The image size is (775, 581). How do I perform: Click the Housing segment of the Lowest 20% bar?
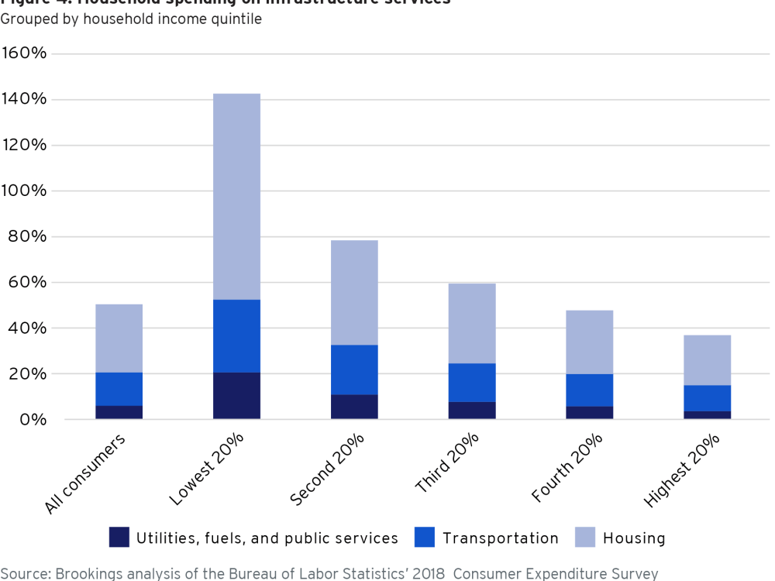[236, 197]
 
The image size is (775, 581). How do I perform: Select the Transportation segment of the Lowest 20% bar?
[236, 336]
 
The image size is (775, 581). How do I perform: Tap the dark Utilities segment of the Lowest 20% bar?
[236, 396]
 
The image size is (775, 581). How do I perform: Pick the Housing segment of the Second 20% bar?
[354, 293]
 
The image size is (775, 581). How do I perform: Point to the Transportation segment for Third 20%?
[472, 383]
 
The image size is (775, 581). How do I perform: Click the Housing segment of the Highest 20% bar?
[707, 360]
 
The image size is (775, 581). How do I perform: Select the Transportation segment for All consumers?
[119, 389]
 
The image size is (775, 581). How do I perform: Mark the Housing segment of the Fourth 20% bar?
[589, 342]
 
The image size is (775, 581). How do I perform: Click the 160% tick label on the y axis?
[26, 53]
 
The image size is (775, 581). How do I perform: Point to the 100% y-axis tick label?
[26, 191]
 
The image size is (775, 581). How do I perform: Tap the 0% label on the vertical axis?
[34, 419]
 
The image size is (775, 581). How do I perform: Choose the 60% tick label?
[29, 282]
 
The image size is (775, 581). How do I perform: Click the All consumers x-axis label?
[86, 475]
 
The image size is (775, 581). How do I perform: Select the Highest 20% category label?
[683, 472]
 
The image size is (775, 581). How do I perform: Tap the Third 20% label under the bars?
[447, 464]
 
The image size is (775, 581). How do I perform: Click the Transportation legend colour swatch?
[425, 538]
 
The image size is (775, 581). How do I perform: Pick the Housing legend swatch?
[585, 538]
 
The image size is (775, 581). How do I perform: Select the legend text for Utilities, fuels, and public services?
[267, 538]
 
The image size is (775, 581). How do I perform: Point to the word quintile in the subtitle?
[236, 19]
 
